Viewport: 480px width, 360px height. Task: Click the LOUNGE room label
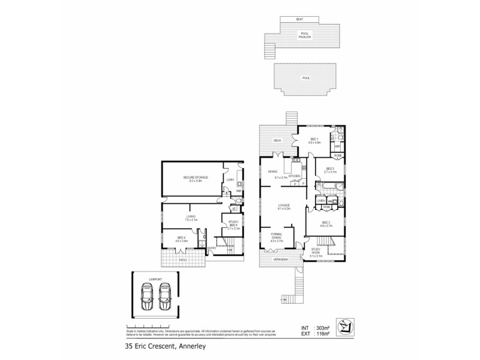284,206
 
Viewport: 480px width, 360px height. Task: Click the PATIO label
184,260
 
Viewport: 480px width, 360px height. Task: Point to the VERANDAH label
282,259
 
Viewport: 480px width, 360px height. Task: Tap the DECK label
277,141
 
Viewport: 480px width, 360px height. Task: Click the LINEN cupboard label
320,200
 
